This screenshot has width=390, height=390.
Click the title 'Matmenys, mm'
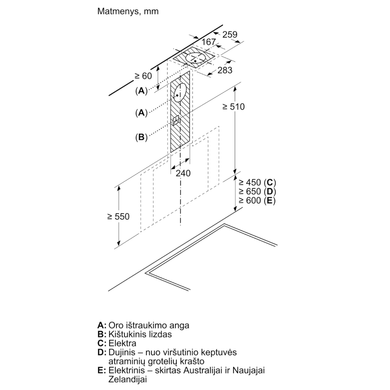tap(128, 11)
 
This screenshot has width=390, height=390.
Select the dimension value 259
tap(230, 34)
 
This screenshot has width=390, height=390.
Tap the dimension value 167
tap(209, 42)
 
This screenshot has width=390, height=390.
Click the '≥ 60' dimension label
tap(143, 76)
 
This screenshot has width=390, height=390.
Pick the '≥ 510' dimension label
tap(233, 107)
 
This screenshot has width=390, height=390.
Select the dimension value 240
tap(183, 173)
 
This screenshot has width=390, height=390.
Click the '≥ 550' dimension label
tap(118, 216)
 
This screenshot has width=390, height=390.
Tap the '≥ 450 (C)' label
tap(257, 182)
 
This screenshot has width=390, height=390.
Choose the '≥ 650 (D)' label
tap(257, 191)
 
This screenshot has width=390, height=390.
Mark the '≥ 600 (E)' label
tap(257, 201)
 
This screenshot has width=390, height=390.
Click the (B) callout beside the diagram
tap(141, 137)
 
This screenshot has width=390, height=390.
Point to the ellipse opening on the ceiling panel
tap(196, 59)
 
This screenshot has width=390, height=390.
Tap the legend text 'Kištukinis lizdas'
tap(140, 334)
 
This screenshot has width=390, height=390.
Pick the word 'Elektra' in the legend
tap(123, 344)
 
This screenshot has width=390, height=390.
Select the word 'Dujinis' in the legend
tap(122, 352)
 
